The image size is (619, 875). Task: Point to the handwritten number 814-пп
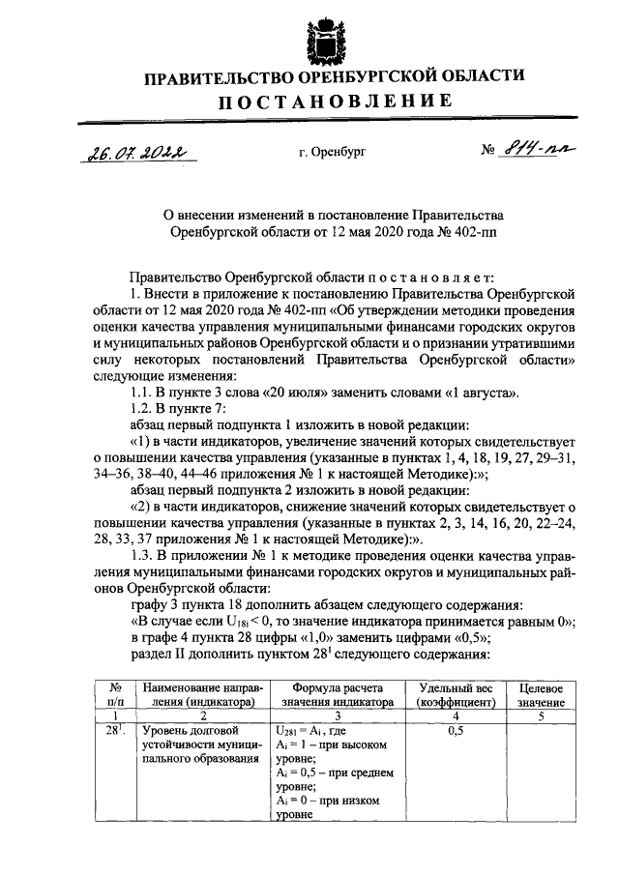tap(530, 149)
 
